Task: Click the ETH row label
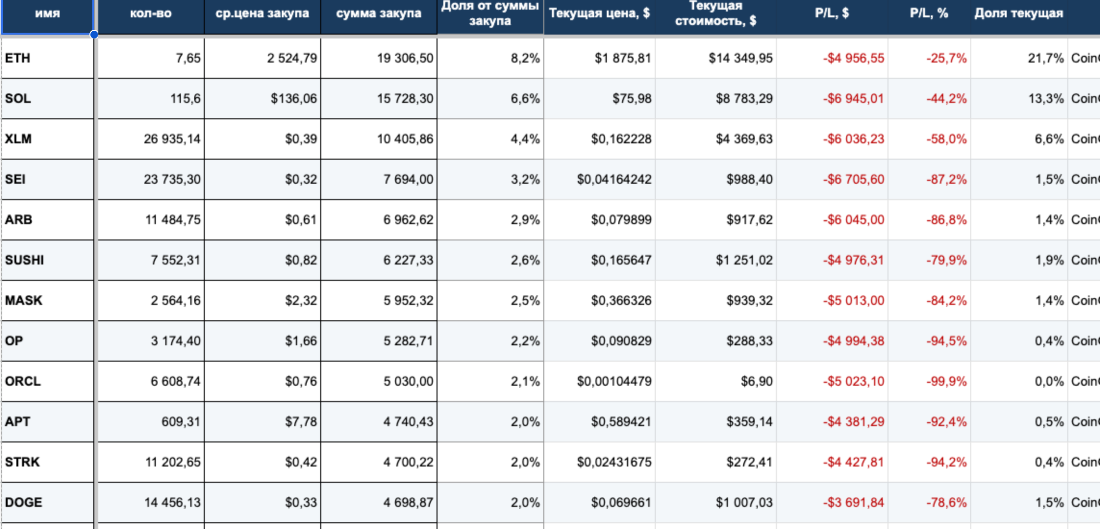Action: pos(18,58)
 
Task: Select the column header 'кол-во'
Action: pos(150,13)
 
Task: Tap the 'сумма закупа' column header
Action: pos(379,13)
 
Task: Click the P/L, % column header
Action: pos(929,13)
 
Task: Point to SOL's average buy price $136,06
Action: pos(294,99)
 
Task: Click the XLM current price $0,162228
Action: pos(621,139)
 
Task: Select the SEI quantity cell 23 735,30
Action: pos(172,179)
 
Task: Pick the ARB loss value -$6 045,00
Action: pos(853,220)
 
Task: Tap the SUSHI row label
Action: pos(25,260)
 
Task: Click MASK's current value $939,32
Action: pos(750,301)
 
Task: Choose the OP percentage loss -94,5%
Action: pos(946,341)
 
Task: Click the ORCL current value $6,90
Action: pos(757,381)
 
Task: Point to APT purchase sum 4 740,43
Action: pos(408,422)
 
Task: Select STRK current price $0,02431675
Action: pos(614,462)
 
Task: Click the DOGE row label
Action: pos(24,503)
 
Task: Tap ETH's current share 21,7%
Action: pos(1046,58)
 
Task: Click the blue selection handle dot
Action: pos(94,34)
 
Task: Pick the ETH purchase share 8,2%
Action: pos(525,58)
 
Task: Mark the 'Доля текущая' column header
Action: pos(1019,13)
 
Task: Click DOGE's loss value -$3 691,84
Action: pos(853,503)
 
